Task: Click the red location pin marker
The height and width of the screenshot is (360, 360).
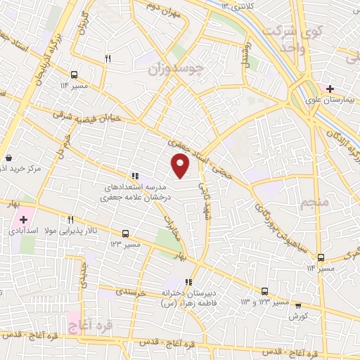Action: pos(181,165)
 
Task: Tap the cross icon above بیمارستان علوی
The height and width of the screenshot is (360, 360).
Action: pos(330,88)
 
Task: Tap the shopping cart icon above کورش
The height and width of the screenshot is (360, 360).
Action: pos(298,305)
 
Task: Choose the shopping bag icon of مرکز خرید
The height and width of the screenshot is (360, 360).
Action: pos(8,158)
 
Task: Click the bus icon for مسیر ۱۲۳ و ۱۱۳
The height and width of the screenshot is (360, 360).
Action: pos(264,290)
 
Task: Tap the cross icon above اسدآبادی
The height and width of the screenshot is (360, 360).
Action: pos(23,220)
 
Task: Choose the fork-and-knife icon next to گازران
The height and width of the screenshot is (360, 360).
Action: pos(108,59)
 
